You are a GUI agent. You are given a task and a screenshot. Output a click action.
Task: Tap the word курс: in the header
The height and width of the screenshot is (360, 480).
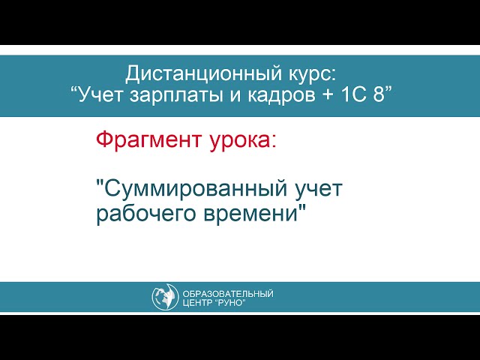pos(310,73)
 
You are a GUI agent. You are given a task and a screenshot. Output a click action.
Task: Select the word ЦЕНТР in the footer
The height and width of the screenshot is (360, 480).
pos(198,303)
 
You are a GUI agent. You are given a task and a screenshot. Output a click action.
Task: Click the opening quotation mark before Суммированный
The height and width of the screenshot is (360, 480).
pos(100,184)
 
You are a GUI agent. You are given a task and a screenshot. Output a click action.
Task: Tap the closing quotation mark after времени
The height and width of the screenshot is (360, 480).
pos(304,208)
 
